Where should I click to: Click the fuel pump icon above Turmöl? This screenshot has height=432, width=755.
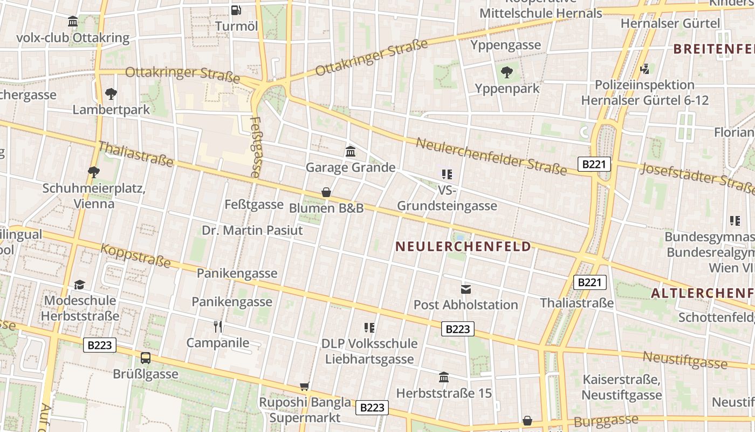(236, 10)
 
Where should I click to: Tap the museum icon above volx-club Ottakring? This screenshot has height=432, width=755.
(73, 22)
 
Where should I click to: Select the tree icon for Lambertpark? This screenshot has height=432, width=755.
(111, 94)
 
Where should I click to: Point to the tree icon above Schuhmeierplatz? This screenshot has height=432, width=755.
(93, 172)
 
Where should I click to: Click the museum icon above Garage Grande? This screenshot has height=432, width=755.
(351, 151)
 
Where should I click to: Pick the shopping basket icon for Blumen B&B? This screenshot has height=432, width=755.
(326, 192)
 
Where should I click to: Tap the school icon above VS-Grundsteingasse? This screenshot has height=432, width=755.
(447, 174)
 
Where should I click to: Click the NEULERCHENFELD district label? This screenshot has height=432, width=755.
(463, 247)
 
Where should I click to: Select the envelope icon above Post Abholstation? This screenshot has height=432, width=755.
(465, 289)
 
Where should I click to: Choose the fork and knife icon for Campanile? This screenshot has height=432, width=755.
(218, 327)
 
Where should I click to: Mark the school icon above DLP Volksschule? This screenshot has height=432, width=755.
(369, 327)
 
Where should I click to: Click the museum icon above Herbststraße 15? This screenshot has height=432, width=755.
(444, 377)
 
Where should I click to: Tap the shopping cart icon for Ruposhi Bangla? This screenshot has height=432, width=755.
(305, 386)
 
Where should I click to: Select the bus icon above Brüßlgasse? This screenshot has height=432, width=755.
(146, 357)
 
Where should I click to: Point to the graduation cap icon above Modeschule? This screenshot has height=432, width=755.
(80, 285)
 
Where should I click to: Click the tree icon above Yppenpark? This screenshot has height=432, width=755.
(507, 72)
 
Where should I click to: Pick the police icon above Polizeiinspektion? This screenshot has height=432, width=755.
(644, 69)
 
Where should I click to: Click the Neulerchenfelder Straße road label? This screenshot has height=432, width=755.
(491, 157)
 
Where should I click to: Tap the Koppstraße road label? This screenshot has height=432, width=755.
(136, 255)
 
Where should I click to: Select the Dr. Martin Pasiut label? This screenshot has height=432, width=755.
(252, 230)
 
